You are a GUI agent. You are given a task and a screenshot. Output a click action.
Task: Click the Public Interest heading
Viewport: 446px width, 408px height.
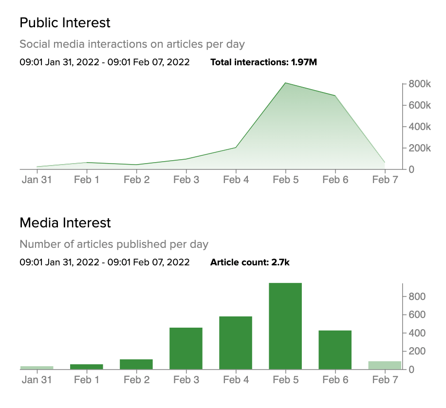click(65, 22)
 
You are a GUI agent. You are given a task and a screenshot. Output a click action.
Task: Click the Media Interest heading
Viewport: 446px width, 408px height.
click(65, 223)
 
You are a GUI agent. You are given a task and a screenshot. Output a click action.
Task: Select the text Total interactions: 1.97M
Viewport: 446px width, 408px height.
click(263, 62)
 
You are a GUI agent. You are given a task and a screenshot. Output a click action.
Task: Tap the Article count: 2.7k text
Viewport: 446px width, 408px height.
click(250, 262)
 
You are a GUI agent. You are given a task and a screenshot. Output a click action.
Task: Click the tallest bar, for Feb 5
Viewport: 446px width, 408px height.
click(285, 326)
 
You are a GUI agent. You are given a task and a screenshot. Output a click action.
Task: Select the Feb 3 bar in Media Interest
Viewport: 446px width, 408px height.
click(186, 349)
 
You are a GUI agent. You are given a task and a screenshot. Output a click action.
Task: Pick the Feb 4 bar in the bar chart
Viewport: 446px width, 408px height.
click(236, 343)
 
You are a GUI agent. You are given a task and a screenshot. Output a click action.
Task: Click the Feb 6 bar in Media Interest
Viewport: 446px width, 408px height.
click(335, 350)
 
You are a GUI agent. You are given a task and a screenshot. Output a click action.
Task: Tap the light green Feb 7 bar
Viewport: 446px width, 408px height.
click(385, 365)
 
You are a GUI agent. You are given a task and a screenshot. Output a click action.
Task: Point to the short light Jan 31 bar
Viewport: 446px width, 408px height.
click(37, 368)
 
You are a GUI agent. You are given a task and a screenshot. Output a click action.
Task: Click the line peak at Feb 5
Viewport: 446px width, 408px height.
click(285, 83)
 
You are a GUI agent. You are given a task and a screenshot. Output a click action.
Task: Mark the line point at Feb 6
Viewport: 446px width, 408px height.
click(335, 95)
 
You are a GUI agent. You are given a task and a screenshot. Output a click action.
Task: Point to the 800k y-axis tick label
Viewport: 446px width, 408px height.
click(419, 84)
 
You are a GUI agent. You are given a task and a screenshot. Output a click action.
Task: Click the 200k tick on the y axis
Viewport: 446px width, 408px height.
click(419, 148)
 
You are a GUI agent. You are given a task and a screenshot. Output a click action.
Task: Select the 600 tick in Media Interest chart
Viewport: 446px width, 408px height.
click(417, 315)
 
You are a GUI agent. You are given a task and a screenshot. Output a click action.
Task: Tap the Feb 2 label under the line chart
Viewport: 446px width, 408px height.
click(136, 180)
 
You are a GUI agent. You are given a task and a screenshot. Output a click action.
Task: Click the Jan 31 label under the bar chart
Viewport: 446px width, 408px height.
click(37, 380)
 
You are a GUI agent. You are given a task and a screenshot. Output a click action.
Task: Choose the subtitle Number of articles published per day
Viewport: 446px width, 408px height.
click(114, 244)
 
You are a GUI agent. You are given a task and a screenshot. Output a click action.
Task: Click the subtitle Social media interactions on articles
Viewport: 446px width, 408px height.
click(132, 44)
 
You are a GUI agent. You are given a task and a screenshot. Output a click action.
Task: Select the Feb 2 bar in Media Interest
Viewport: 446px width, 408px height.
click(136, 364)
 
